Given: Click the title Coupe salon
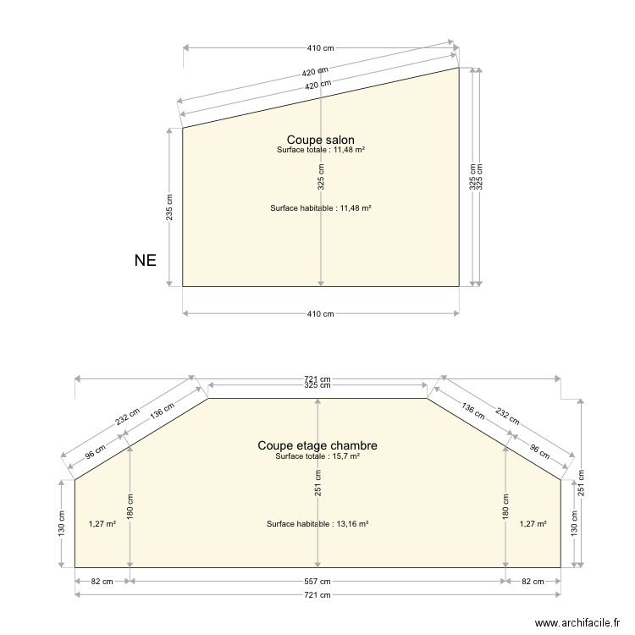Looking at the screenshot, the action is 320,140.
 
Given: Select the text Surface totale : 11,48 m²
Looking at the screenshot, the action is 321,150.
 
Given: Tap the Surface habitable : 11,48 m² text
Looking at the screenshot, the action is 321,208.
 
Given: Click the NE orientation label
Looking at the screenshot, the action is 146,261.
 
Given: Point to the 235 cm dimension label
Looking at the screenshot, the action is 169,207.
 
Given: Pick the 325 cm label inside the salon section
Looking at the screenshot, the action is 321,177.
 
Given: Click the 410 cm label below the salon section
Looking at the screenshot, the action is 320,313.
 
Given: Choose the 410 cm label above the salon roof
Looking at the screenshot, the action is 320,48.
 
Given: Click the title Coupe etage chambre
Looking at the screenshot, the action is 317,445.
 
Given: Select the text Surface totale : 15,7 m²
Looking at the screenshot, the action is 317,456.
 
